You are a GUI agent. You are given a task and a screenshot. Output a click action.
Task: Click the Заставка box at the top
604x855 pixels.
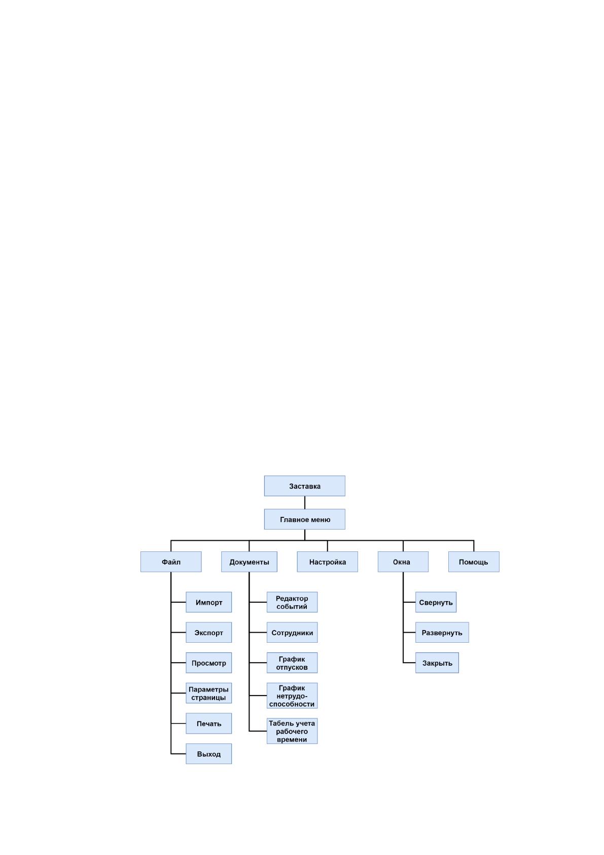(x=304, y=486)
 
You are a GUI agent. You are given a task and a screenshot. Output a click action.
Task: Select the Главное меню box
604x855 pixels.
(x=304, y=519)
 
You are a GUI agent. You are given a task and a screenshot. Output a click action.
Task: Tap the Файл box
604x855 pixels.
(x=171, y=562)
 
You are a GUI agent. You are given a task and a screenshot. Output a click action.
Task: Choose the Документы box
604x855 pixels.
(x=249, y=562)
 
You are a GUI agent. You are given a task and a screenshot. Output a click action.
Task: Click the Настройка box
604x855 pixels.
(x=327, y=562)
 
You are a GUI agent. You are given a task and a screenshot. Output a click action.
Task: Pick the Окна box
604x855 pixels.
(x=403, y=562)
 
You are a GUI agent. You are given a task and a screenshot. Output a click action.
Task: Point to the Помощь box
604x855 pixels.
(x=474, y=562)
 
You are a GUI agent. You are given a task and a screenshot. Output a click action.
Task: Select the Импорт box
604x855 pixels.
(x=208, y=602)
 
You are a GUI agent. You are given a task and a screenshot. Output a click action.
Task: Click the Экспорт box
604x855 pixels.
(x=208, y=633)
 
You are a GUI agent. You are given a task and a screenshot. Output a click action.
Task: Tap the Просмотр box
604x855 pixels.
(x=208, y=663)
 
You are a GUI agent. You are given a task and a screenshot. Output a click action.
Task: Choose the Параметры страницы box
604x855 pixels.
(x=208, y=693)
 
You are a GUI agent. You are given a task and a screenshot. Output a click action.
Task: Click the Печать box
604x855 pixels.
(x=208, y=724)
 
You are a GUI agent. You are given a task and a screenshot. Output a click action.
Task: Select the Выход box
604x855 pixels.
(x=208, y=753)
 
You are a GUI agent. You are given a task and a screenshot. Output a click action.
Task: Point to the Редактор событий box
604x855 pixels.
(x=292, y=602)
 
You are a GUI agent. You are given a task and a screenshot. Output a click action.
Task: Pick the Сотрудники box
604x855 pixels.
(x=292, y=633)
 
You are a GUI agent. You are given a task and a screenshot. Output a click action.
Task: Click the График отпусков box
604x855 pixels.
(x=292, y=663)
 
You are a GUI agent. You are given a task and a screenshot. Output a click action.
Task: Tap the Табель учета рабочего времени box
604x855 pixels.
(x=292, y=731)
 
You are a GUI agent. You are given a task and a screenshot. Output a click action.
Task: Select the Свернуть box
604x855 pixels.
(x=436, y=602)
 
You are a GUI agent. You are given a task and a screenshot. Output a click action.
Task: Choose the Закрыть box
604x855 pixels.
(x=437, y=663)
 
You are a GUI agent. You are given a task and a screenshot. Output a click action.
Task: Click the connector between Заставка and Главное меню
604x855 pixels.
(x=305, y=502)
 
